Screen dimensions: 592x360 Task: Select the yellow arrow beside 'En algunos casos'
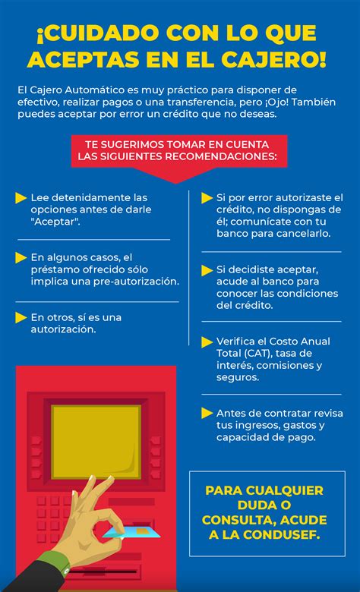click(21, 258)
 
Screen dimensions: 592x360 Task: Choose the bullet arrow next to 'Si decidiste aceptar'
click(207, 269)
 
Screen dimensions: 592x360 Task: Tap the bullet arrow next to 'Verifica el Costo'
click(207, 342)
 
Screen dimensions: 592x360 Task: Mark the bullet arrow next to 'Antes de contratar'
click(207, 414)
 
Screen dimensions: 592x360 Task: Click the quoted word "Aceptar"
click(55, 221)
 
